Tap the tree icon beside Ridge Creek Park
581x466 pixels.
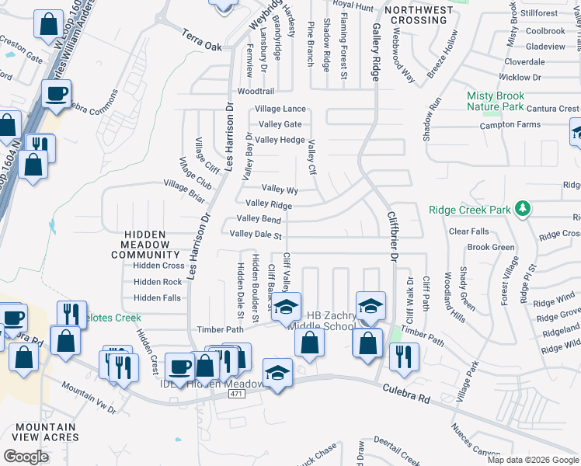(524, 208)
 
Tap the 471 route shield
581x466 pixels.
(238, 395)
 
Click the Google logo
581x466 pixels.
(26, 457)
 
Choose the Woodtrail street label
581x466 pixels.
(256, 92)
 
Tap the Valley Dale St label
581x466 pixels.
(255, 235)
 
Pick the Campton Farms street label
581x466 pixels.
(510, 125)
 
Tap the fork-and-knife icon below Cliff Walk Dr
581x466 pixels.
(404, 355)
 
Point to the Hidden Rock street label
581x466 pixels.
(157, 282)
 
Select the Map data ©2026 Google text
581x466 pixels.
(533, 460)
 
